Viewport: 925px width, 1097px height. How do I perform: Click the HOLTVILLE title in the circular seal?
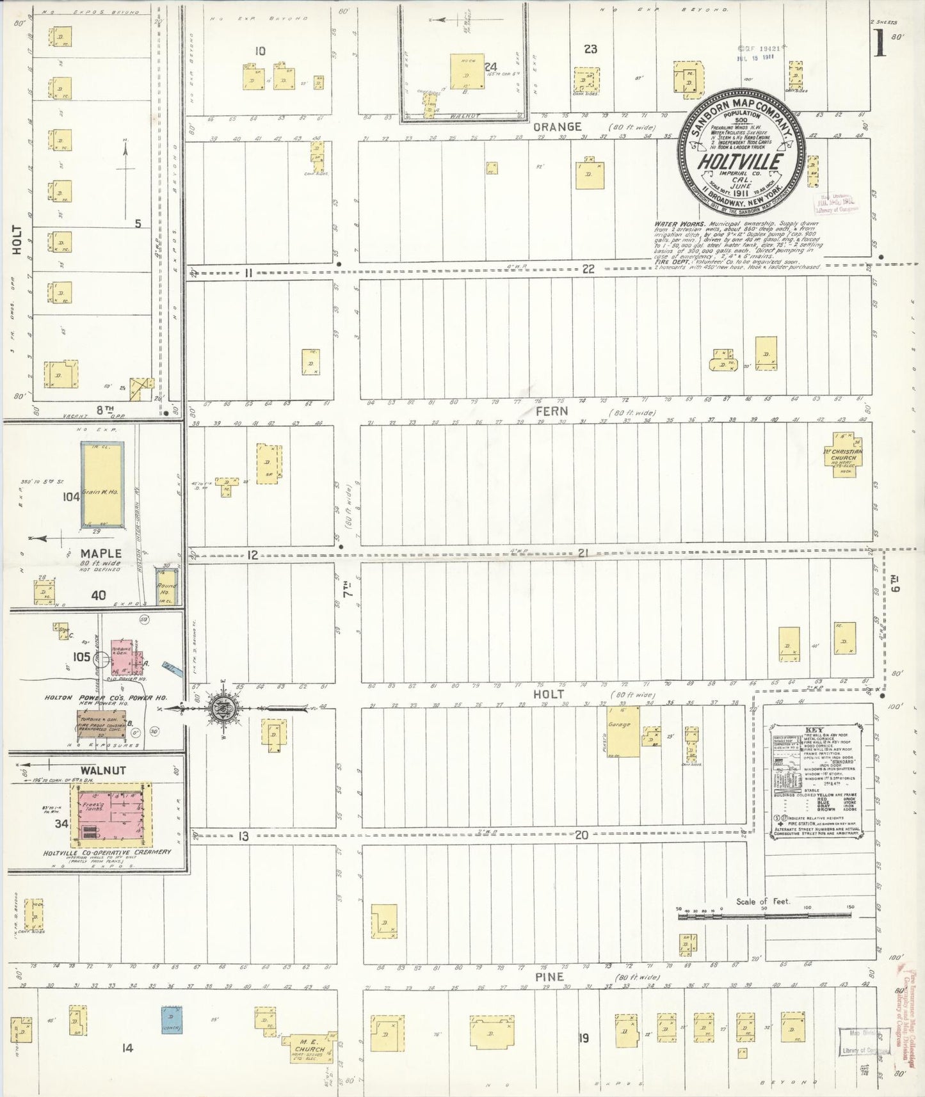740,161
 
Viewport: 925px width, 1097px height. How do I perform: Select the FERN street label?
551,411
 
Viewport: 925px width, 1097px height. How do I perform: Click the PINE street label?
550,977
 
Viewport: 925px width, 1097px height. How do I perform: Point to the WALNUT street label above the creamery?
103,771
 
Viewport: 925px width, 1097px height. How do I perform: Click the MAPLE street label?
101,553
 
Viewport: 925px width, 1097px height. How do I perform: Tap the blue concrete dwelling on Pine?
171,1020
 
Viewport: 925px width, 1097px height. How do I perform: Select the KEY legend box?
816,780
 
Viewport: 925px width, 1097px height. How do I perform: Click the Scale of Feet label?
762,901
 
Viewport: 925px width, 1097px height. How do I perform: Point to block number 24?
490,67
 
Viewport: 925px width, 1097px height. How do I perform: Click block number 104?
71,496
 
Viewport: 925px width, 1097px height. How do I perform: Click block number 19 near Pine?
583,1038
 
